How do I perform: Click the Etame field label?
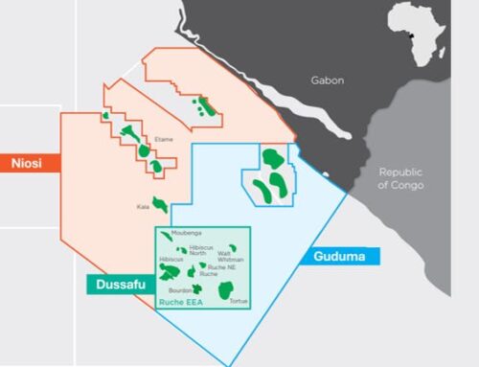pos(164,140)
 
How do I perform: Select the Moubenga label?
pos(186,233)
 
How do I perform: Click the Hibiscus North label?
pos(201,250)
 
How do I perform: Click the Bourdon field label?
pos(180,288)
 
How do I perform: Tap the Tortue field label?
pos(239,301)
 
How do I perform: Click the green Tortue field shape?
pos(227,289)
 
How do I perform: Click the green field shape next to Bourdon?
pos(197,288)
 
